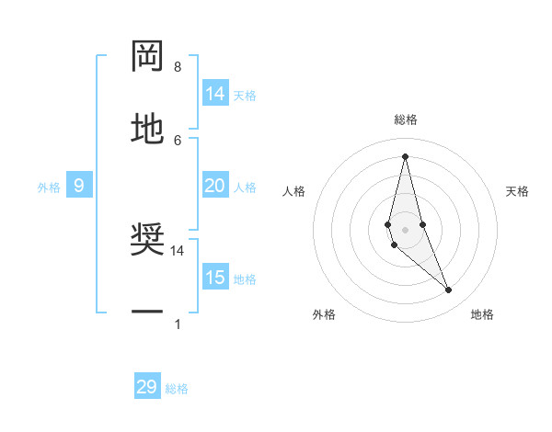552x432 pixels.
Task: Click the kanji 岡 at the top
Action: click(x=147, y=57)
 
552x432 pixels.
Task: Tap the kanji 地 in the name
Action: click(x=147, y=129)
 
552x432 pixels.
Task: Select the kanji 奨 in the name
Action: click(x=147, y=241)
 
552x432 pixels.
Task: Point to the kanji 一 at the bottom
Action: click(x=147, y=313)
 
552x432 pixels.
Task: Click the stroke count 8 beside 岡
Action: click(x=177, y=67)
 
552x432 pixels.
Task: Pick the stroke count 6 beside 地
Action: click(x=177, y=140)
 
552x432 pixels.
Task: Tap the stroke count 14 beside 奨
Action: click(x=178, y=250)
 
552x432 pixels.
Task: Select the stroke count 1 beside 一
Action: click(x=177, y=324)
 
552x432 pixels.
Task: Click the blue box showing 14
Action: click(x=215, y=94)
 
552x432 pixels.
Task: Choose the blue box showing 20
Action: click(x=215, y=187)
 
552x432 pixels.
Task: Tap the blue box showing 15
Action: click(x=215, y=278)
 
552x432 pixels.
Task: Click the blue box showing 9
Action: click(x=79, y=187)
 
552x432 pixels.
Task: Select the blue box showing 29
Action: click(x=147, y=387)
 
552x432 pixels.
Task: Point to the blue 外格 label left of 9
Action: click(x=49, y=188)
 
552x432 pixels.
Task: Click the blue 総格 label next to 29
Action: click(x=177, y=389)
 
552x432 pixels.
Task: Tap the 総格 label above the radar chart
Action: click(x=405, y=119)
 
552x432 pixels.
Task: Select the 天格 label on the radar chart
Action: click(x=517, y=191)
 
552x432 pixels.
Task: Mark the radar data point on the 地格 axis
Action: click(x=449, y=290)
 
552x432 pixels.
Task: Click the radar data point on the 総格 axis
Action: click(x=405, y=156)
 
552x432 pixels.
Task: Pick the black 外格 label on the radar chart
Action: click(x=324, y=314)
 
